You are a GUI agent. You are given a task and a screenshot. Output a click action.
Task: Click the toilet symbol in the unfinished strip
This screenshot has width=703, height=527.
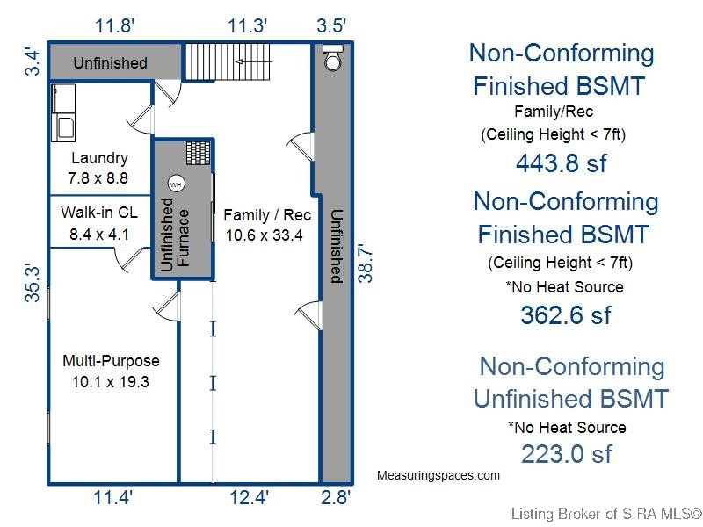pyautogui.click(x=333, y=57)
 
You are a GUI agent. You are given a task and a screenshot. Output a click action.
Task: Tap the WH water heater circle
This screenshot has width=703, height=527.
pyautogui.click(x=177, y=184)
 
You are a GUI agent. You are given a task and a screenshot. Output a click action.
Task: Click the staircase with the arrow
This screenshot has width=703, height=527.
pyautogui.click(x=228, y=61)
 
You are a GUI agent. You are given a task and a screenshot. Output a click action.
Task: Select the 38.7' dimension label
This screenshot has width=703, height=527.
pyautogui.click(x=366, y=263)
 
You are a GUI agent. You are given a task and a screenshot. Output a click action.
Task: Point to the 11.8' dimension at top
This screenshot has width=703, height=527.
pyautogui.click(x=114, y=25)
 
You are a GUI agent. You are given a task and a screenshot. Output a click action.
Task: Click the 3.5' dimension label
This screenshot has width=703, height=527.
pyautogui.click(x=331, y=25)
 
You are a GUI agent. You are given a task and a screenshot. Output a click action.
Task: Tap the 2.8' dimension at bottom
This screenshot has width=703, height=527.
pyautogui.click(x=336, y=497)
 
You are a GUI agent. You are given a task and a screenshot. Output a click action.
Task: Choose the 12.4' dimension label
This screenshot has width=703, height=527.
pyautogui.click(x=249, y=497)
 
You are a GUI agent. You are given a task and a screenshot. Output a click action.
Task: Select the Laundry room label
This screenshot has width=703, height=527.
pyautogui.click(x=99, y=158)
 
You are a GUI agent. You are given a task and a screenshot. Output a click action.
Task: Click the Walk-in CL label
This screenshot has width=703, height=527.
pyautogui.click(x=99, y=212)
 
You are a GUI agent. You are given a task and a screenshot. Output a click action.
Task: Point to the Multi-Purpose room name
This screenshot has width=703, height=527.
pyautogui.click(x=112, y=361)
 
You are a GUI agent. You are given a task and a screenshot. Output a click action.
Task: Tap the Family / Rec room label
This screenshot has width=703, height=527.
pyautogui.click(x=267, y=215)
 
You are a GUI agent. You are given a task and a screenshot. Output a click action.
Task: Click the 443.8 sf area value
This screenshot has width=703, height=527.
pyautogui.click(x=562, y=163)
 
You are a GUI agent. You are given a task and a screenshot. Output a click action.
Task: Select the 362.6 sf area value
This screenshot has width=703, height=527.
pyautogui.click(x=566, y=315)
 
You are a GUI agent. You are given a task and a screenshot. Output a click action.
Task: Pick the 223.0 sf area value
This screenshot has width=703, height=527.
pyautogui.click(x=566, y=454)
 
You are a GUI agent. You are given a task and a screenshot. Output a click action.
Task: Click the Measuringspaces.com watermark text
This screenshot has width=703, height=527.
pyautogui.click(x=438, y=475)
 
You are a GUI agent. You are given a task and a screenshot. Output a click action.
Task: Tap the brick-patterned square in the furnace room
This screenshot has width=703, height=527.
pyautogui.click(x=199, y=153)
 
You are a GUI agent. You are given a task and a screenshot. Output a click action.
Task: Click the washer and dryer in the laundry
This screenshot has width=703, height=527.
pyautogui.click(x=63, y=113)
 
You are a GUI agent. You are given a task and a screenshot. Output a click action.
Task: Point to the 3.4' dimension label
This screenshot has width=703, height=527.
pyautogui.click(x=33, y=63)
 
